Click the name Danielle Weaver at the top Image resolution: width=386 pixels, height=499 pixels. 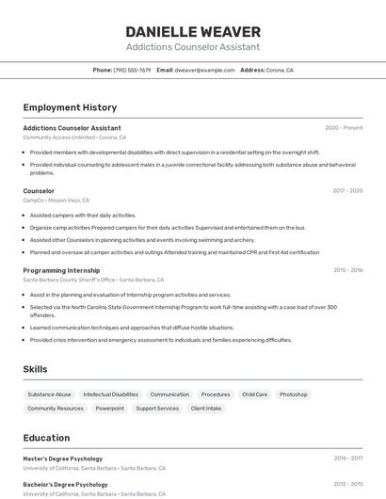193,31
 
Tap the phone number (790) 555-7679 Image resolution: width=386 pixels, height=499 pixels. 132,71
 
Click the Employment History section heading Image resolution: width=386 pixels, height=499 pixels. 70,108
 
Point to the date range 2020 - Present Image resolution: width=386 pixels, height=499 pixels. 344,128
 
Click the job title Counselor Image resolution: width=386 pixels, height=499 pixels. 39,191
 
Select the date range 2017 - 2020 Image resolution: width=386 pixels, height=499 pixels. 347,191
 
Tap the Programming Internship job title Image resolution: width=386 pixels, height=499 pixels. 61,270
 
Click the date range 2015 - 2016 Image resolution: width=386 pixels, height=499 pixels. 347,270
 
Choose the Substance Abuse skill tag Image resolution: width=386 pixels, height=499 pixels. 49,394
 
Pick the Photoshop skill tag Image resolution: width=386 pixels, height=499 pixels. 293,394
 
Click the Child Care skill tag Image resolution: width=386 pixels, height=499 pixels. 254,394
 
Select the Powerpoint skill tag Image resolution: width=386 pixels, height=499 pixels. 109,409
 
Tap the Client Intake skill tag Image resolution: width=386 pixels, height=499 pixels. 206,409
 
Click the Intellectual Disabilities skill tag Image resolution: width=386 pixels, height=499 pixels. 110,394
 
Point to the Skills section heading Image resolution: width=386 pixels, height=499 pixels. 35,369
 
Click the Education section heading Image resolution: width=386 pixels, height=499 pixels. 46,438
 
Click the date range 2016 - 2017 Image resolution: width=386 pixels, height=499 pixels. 347,459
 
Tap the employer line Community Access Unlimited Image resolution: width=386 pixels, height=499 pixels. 58,137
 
